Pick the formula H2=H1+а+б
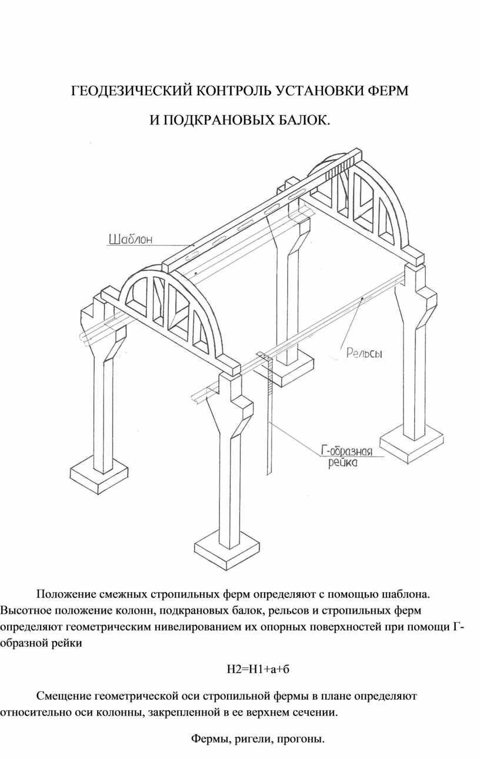259,668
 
